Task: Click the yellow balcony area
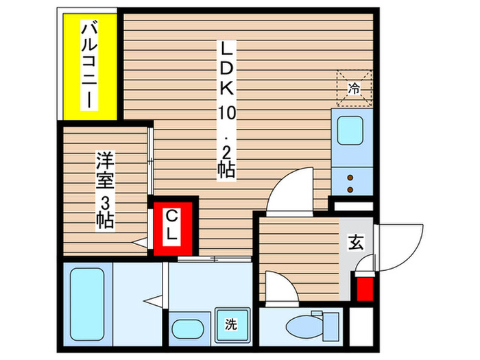point(89,65)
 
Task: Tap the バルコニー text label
point(89,65)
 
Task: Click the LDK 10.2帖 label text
point(227,110)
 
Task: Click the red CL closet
point(172,227)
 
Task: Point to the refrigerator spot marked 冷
point(354,87)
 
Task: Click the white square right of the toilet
point(361,322)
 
